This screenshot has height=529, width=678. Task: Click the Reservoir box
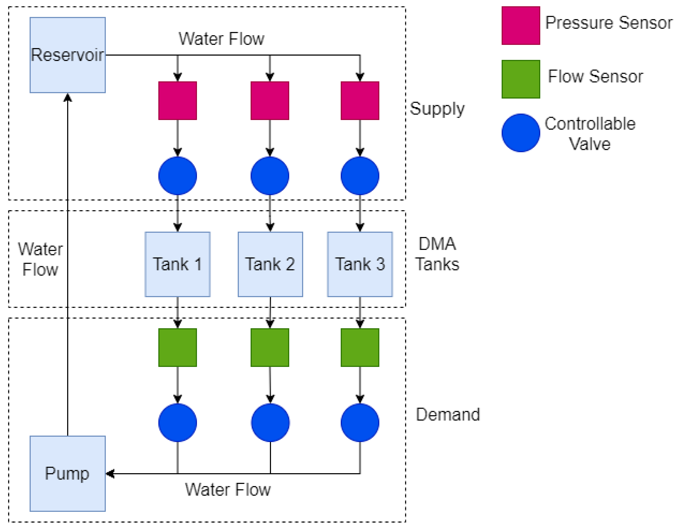coord(67,55)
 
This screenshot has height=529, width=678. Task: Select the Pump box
coord(67,473)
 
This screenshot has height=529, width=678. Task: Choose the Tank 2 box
coord(270,264)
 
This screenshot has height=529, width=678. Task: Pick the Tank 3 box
coord(360,264)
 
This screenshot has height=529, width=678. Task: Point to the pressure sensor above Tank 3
coord(360,101)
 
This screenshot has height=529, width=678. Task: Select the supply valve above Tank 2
coord(270,176)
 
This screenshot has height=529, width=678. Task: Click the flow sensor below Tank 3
coord(360,348)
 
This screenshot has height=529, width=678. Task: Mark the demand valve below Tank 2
coord(270,423)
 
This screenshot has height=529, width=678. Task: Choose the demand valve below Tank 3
coord(360,423)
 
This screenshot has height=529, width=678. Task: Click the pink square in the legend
coord(521,26)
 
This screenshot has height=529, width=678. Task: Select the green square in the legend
coord(521,79)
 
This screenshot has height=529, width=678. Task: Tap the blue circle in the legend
coord(521,133)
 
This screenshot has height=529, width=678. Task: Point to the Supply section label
coord(437,109)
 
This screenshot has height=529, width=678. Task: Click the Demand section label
coord(448,414)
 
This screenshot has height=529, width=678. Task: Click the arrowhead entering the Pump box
coord(110,474)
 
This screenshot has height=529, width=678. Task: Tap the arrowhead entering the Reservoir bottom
coord(67,97)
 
